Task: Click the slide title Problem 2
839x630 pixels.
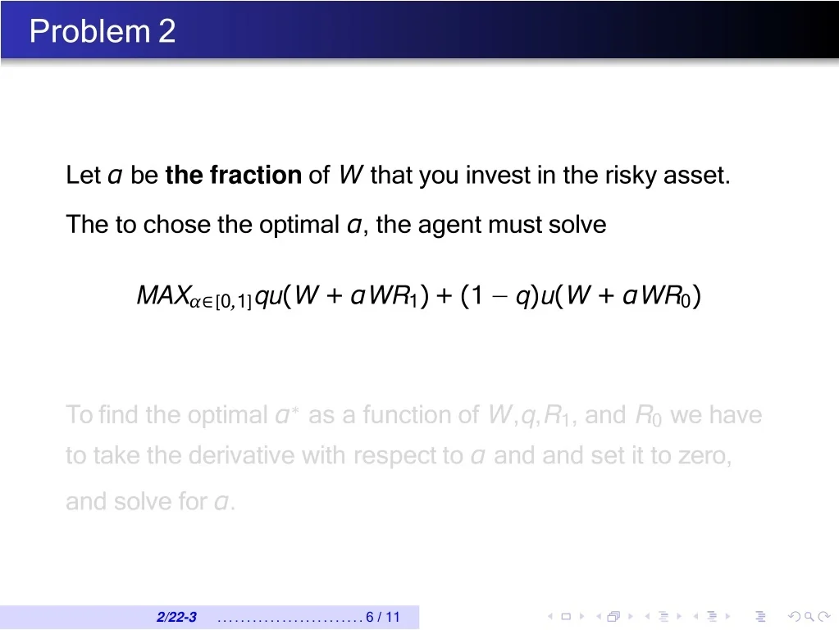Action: [x=103, y=30]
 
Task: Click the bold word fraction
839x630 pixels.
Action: [x=256, y=175]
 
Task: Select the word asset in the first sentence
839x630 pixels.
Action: [x=696, y=176]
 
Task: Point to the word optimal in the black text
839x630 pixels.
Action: [x=299, y=224]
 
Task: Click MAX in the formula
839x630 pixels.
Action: [x=164, y=295]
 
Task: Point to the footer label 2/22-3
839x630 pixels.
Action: [x=176, y=617]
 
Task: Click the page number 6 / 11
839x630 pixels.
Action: [x=383, y=617]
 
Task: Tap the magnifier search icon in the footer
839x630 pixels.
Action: [x=809, y=617]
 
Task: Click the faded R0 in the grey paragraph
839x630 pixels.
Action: [x=648, y=416]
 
